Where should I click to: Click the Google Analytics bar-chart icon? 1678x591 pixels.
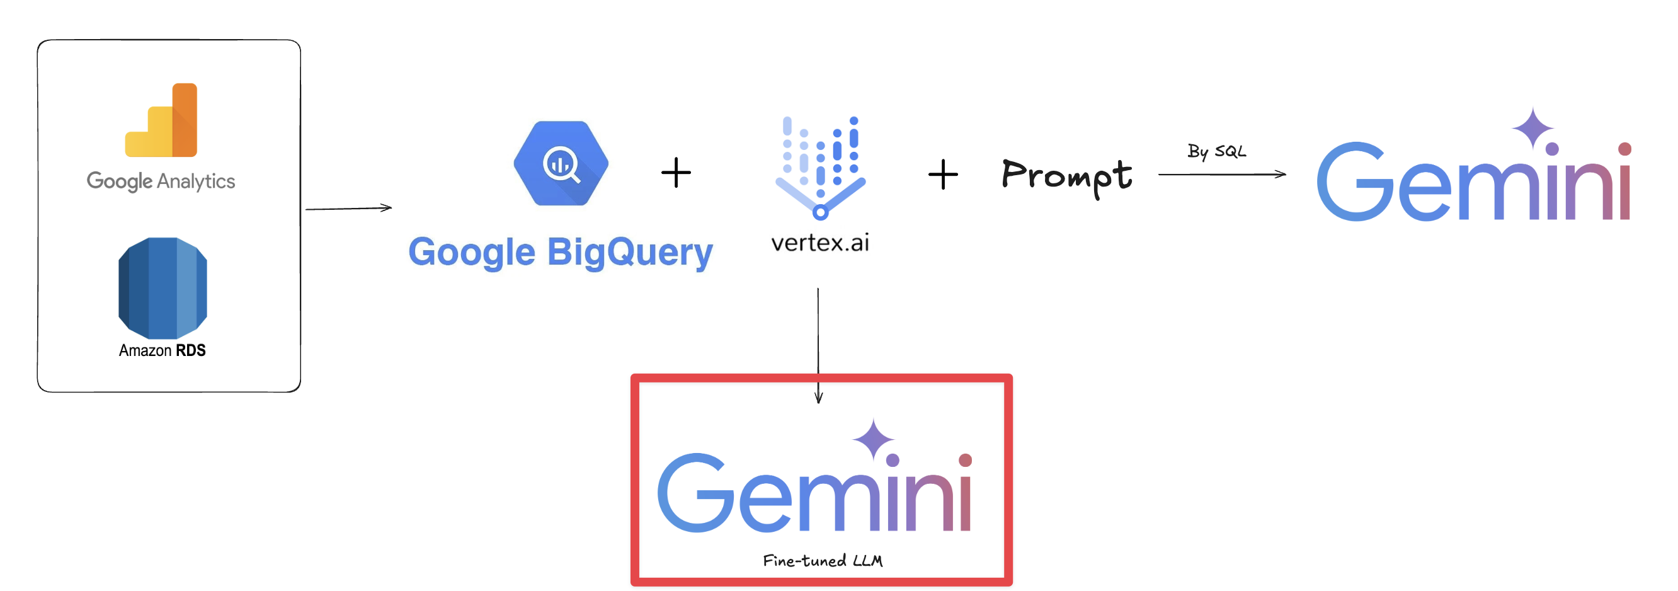click(x=161, y=120)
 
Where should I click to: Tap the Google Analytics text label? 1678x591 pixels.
click(x=161, y=181)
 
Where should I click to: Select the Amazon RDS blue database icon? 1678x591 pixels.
click(x=163, y=287)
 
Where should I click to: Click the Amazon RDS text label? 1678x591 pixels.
click(x=163, y=350)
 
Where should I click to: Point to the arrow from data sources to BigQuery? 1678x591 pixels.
click(x=348, y=209)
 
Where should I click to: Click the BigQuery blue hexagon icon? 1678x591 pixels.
click(x=561, y=164)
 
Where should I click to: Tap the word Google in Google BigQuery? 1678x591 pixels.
click(x=472, y=253)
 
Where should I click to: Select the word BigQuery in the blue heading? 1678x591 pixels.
click(x=630, y=253)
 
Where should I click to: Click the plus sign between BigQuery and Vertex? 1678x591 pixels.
click(x=675, y=173)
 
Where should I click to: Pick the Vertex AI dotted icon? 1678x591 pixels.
click(x=820, y=167)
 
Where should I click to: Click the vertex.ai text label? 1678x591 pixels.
click(x=820, y=243)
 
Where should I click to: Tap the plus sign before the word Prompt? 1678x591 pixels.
click(x=942, y=175)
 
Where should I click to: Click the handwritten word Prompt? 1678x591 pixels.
click(x=1066, y=176)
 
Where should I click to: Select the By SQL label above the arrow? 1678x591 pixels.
click(x=1216, y=151)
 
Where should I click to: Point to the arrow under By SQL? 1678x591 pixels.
click(x=1221, y=175)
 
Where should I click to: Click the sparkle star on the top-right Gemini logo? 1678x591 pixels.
click(x=1532, y=128)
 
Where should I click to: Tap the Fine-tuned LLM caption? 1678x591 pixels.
click(x=822, y=561)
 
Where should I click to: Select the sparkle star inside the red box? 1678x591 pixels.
click(x=873, y=439)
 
